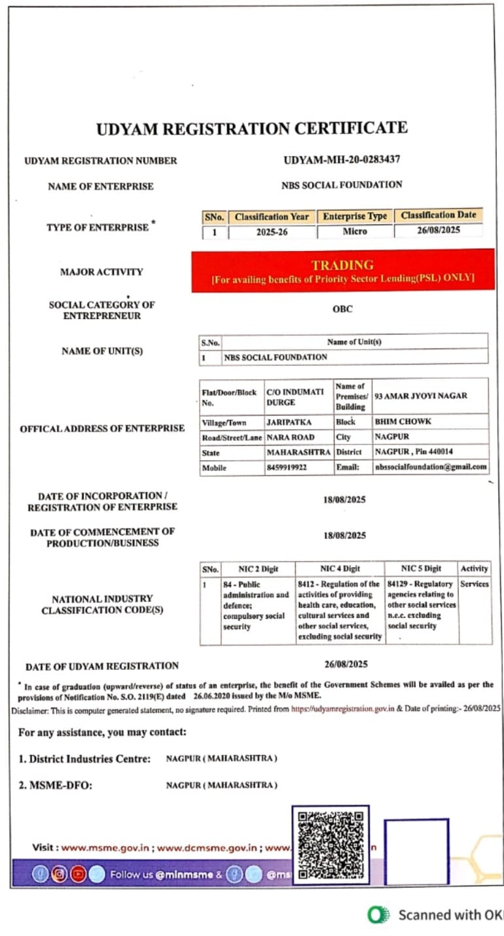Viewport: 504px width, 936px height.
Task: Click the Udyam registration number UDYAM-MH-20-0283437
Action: click(342, 160)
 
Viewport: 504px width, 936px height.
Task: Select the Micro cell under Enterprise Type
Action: click(355, 232)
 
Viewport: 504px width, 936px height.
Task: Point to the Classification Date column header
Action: click(439, 215)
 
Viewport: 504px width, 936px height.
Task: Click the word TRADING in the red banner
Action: click(342, 265)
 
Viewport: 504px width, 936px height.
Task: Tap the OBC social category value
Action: click(342, 309)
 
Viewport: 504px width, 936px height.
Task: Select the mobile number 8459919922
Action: click(287, 468)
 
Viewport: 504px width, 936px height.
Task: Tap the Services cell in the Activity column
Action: click(474, 584)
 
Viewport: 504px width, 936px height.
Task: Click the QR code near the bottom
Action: click(330, 844)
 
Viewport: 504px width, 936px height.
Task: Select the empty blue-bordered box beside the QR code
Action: click(416, 850)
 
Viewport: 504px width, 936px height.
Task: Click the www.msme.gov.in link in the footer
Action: click(105, 847)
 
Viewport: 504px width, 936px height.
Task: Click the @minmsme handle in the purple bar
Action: click(184, 875)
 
